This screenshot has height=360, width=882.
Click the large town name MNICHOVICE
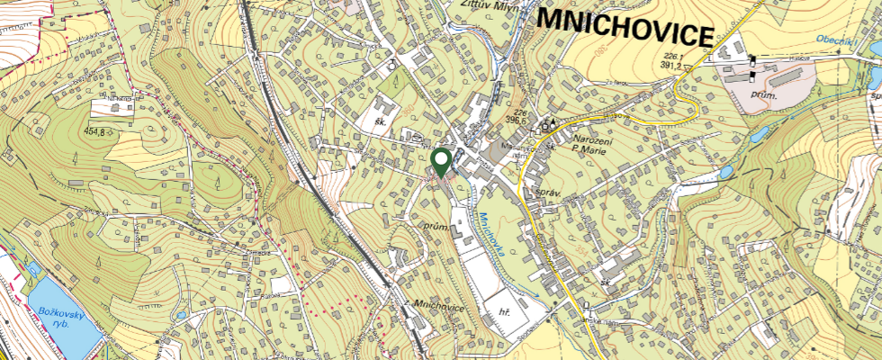point(624,28)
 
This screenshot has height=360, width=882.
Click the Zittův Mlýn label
point(478,5)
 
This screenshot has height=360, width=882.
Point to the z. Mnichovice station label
point(435,308)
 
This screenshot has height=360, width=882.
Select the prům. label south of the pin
point(436,229)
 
